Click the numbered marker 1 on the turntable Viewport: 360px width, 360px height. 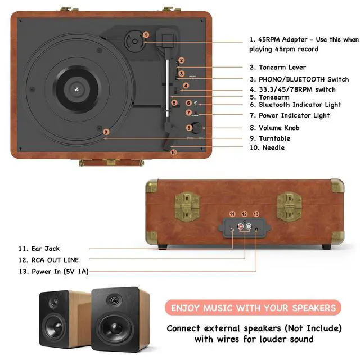[x=146, y=35]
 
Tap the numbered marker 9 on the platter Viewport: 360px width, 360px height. [x=105, y=132]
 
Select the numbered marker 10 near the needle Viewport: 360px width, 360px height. [x=174, y=152]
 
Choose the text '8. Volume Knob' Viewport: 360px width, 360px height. [x=274, y=128]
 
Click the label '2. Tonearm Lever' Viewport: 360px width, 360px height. [x=278, y=67]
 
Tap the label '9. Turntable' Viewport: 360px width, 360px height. [x=270, y=138]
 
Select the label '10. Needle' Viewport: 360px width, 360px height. [x=267, y=147]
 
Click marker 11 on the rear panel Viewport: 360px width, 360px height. [x=232, y=214]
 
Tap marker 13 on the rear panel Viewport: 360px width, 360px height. [x=256, y=214]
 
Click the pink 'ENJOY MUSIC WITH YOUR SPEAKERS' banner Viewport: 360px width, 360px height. [x=254, y=308]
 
